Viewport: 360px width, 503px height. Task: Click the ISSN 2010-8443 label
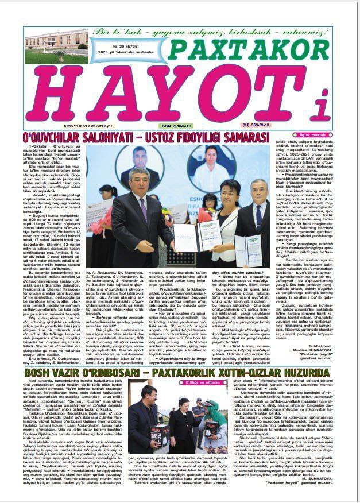[x=176, y=126]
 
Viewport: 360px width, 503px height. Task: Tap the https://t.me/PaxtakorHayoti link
[x=86, y=126]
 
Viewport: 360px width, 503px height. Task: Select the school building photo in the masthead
[x=56, y=47]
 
